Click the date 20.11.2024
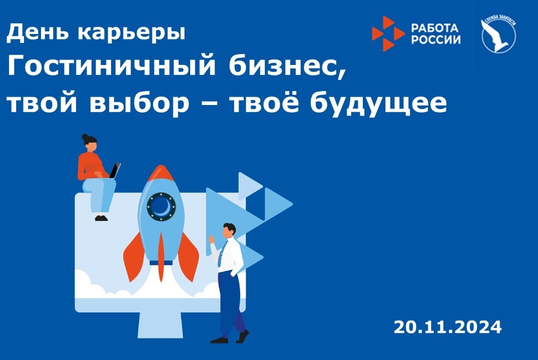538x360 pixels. pyautogui.click(x=447, y=327)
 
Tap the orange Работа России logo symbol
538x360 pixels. pyautogui.click(x=387, y=33)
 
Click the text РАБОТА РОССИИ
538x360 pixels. pyautogui.click(x=435, y=33)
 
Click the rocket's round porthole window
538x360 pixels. pyautogui.click(x=161, y=205)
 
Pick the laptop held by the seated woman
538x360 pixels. pyautogui.click(x=115, y=171)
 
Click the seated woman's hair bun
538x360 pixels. pyautogui.click(x=85, y=136)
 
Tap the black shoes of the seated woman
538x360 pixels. pyautogui.click(x=101, y=218)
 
